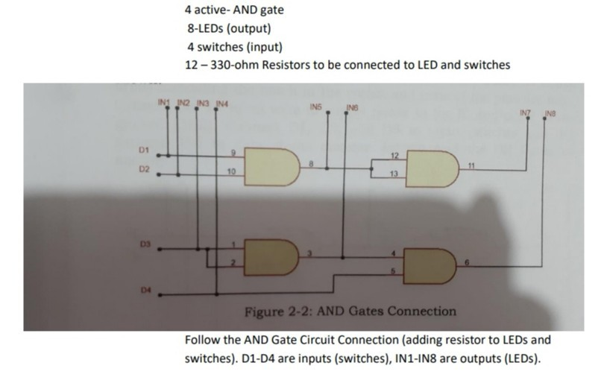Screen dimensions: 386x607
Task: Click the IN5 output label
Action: (x=315, y=107)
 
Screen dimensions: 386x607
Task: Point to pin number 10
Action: (x=232, y=171)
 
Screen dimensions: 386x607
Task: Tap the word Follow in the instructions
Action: (x=203, y=341)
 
